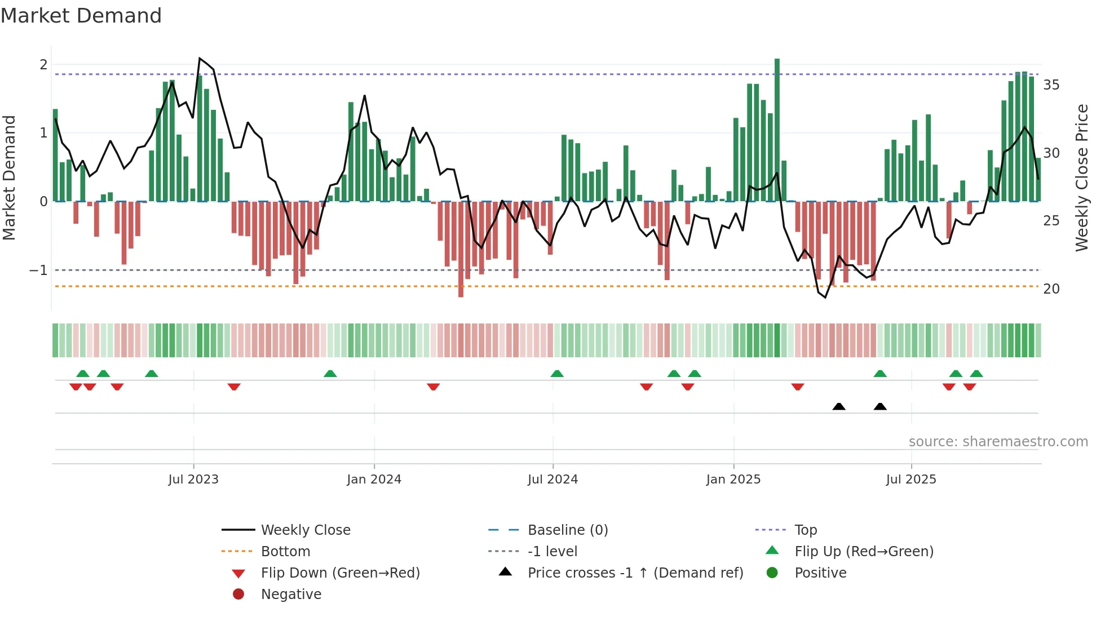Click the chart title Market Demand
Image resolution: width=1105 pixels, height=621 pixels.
tap(81, 16)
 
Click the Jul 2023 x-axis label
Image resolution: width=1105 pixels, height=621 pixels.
tap(193, 480)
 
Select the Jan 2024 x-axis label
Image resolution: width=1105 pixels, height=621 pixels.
tap(374, 480)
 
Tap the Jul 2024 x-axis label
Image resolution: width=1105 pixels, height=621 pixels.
tap(552, 480)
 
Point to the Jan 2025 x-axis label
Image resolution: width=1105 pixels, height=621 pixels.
tap(733, 480)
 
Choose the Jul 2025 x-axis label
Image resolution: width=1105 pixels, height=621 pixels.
tap(910, 480)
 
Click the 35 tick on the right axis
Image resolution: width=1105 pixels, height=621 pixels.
tap(1051, 85)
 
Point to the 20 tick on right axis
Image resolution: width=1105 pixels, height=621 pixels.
tap(1051, 289)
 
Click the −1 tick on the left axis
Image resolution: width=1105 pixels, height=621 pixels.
tap(38, 270)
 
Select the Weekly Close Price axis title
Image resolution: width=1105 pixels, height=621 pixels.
tap(1081, 178)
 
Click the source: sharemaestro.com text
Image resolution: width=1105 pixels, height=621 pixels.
tap(998, 442)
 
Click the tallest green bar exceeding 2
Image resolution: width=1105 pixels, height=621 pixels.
tap(777, 130)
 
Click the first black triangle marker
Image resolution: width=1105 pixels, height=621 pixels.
tap(838, 406)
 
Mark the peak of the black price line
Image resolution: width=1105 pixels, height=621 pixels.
tap(200, 59)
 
